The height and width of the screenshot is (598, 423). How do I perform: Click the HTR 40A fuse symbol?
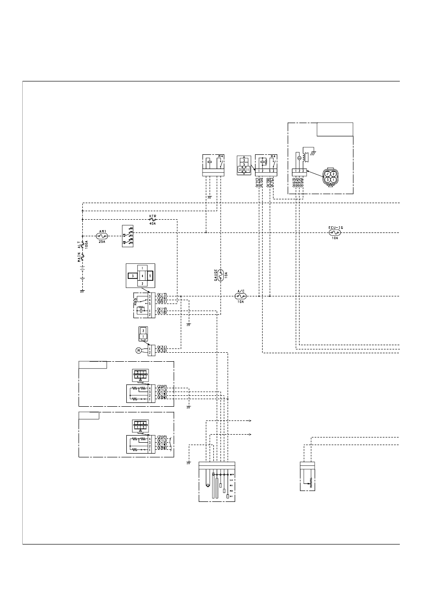(x=152, y=220)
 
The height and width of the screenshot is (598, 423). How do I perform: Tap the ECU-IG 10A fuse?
(x=335, y=232)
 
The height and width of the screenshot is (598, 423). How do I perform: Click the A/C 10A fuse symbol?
(x=240, y=296)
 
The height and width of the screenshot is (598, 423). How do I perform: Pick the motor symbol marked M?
(x=139, y=350)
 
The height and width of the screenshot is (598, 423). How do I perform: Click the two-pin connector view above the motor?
(x=143, y=333)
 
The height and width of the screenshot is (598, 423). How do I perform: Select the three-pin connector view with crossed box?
(x=244, y=166)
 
